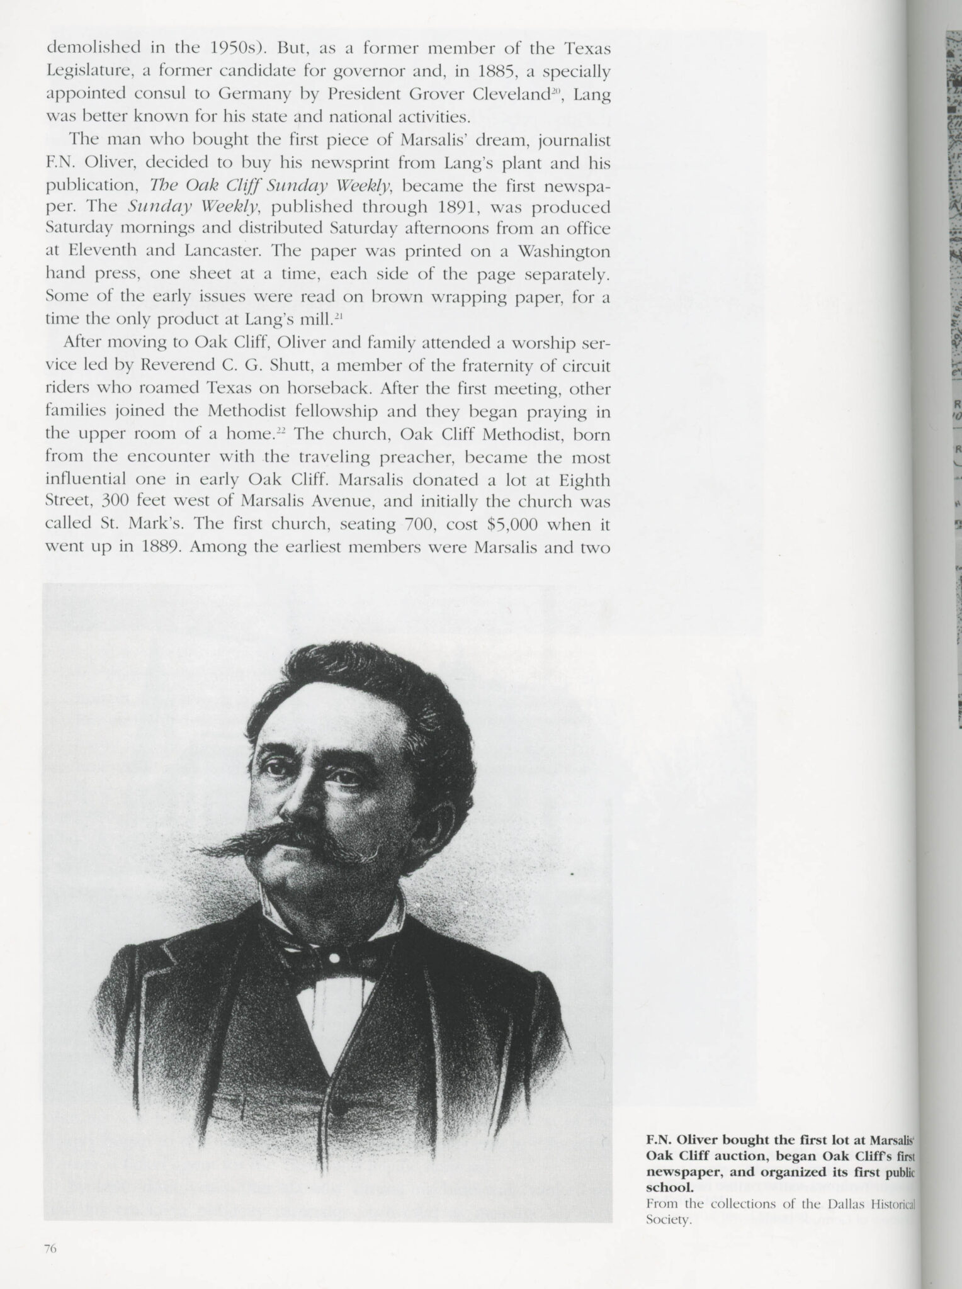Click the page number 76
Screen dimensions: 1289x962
pyautogui.click(x=51, y=1249)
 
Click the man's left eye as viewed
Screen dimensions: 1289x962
pyautogui.click(x=278, y=769)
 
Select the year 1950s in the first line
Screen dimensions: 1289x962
pyautogui.click(x=224, y=48)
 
